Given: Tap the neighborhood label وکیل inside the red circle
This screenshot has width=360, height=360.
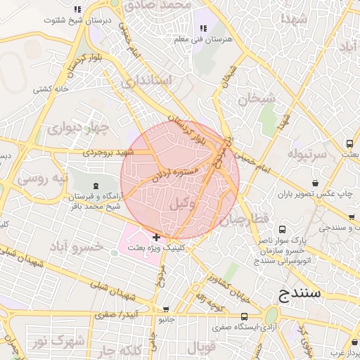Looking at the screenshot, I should (182, 203).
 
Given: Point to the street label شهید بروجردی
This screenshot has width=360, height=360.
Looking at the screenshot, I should (108, 152).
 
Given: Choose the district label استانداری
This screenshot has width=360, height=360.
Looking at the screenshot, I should (146, 80).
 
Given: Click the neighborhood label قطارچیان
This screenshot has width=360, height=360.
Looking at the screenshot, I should (245, 221).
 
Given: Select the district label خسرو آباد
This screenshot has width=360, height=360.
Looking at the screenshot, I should (75, 247).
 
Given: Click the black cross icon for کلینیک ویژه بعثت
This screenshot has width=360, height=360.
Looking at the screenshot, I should (156, 238).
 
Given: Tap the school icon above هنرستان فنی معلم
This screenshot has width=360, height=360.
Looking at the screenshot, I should (203, 28).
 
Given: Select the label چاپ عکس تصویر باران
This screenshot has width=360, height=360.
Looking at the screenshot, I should (312, 192).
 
